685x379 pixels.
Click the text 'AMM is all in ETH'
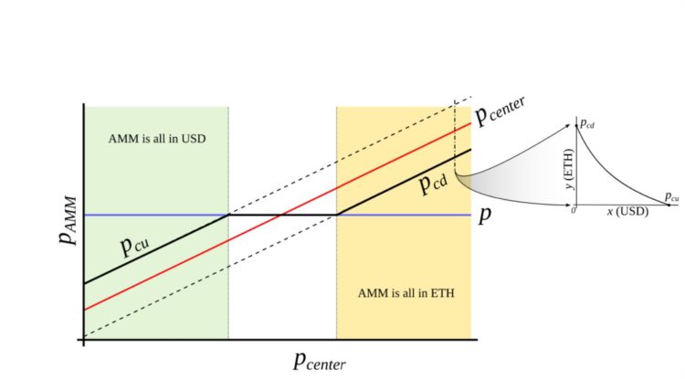[x=406, y=294]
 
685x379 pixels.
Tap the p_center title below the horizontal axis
[x=319, y=360]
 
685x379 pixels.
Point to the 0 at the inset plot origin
[x=573, y=211]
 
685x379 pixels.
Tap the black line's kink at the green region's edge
[x=228, y=215]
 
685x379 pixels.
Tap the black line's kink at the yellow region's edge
[x=337, y=215]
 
